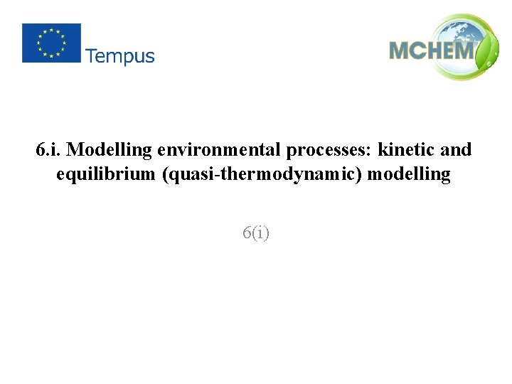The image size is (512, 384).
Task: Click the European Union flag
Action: [x=51, y=43]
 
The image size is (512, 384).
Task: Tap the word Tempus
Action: [x=120, y=56]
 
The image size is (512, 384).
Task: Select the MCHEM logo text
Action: [x=431, y=51]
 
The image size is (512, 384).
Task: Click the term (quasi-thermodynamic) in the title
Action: [x=265, y=174]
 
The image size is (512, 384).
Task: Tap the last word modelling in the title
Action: [x=412, y=174]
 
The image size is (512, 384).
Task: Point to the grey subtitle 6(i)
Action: [x=256, y=233]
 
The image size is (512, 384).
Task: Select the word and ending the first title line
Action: [x=456, y=150]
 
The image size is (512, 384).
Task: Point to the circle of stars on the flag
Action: [x=51, y=43]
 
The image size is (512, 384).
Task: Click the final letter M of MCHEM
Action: [x=463, y=51]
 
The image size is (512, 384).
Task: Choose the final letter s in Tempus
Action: [x=149, y=57]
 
